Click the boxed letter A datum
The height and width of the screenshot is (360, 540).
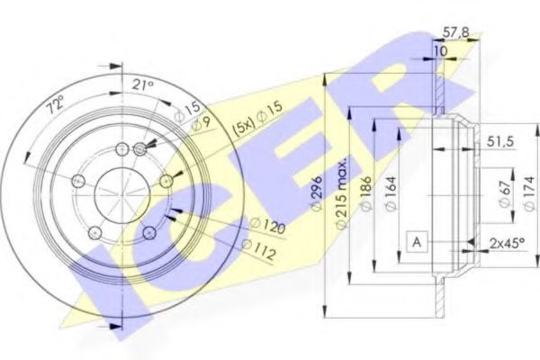click(417, 241)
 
